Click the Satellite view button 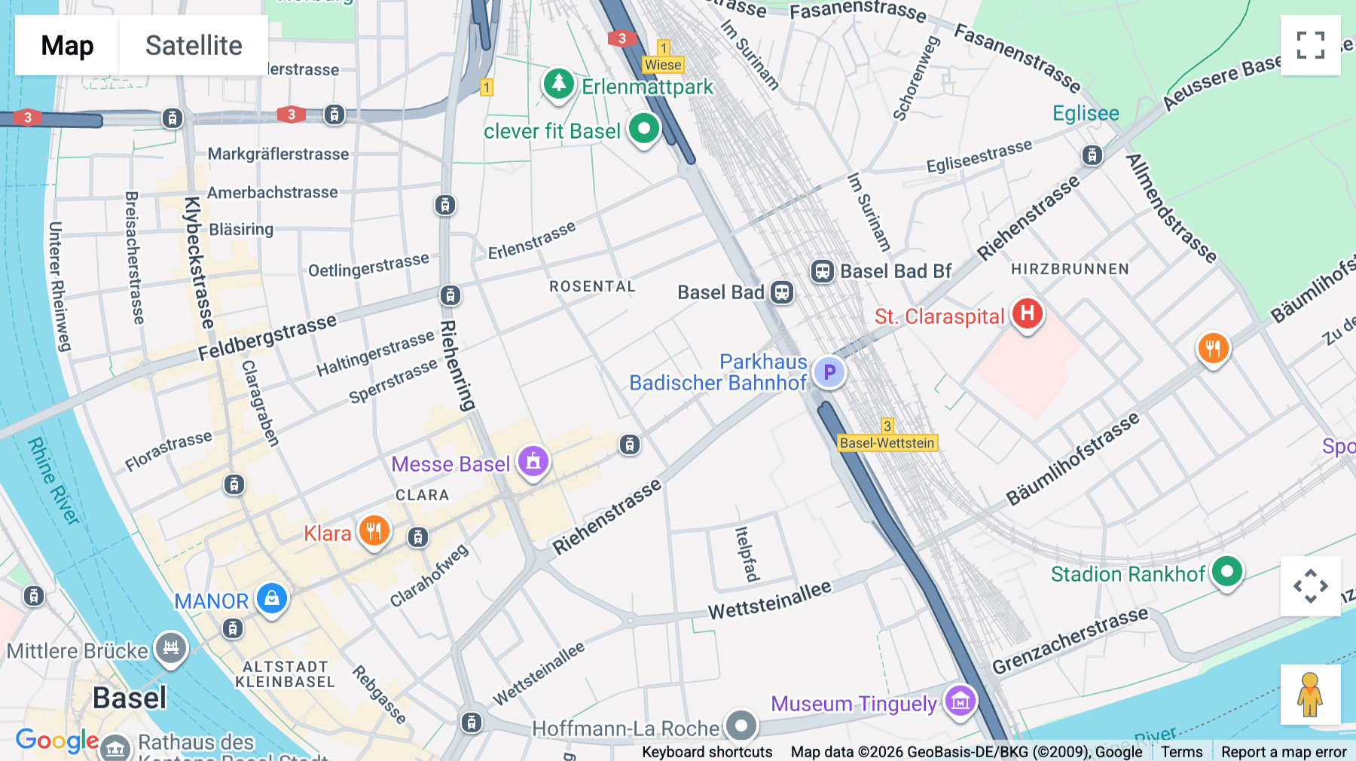click(x=194, y=45)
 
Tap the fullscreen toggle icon click(x=1310, y=45)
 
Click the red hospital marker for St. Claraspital click(x=1027, y=313)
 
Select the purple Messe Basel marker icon click(x=533, y=461)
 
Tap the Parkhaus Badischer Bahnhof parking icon click(x=829, y=372)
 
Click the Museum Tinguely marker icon click(x=960, y=701)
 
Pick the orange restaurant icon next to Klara click(x=374, y=531)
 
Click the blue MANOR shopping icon click(x=272, y=599)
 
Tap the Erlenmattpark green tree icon click(x=558, y=84)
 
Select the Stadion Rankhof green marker click(x=1226, y=572)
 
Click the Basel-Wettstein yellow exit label click(x=887, y=443)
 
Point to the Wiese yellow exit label click(x=663, y=65)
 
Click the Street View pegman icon click(x=1310, y=694)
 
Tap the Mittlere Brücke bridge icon click(x=171, y=648)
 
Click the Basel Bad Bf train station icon click(x=822, y=271)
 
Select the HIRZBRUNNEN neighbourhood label click(x=1070, y=269)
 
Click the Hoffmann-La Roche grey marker click(x=741, y=726)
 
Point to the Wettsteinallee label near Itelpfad click(x=769, y=600)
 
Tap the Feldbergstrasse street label click(x=267, y=337)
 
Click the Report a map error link click(x=1283, y=752)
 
